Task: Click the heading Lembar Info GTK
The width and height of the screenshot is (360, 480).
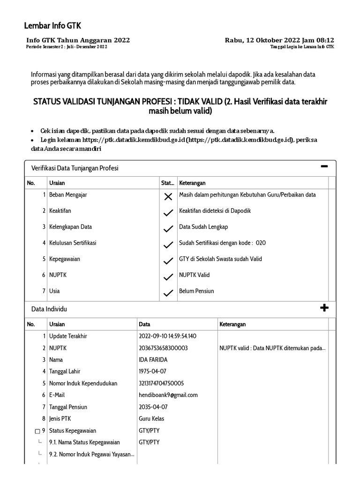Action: [52, 26]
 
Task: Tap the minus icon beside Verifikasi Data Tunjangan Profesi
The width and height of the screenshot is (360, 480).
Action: [324, 167]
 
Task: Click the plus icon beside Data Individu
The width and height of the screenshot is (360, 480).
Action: [324, 308]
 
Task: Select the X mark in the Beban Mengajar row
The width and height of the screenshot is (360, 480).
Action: [168, 197]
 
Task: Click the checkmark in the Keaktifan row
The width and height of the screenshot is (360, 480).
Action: [168, 213]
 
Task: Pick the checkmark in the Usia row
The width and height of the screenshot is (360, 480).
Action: [168, 293]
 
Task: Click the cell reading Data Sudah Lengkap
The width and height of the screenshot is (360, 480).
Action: [203, 227]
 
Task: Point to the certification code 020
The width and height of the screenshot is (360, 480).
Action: [261, 243]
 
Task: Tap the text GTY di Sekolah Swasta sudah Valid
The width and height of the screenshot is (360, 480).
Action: [220, 259]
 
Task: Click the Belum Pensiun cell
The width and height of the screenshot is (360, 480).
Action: [196, 291]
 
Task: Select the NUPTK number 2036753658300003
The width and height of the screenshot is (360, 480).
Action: [163, 348]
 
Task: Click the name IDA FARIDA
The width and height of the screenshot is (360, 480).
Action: [153, 360]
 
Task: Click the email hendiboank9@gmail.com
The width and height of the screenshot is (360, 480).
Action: [168, 395]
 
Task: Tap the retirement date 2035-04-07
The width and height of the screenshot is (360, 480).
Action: [153, 407]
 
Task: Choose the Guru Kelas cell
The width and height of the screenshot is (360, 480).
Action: [151, 419]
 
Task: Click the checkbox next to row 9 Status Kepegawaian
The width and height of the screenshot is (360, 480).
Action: [37, 431]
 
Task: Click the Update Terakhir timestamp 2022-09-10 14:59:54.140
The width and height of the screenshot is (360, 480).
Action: [168, 336]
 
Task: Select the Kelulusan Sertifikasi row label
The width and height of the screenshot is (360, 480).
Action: [73, 243]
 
